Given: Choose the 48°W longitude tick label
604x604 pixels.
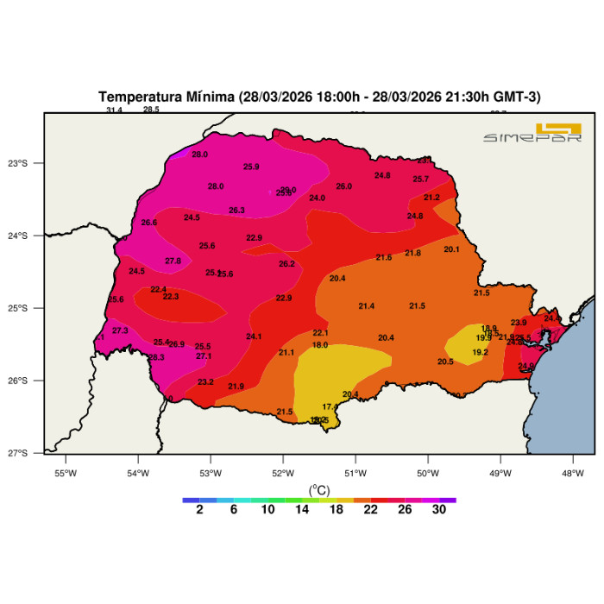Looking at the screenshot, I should coord(573,472).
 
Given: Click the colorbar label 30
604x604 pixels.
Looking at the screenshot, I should coord(438,510).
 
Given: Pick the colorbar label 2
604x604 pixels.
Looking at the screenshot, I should coord(199,510).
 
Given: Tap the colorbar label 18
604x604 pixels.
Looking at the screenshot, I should coord(336,510).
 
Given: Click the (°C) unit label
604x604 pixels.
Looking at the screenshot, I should coord(319,489).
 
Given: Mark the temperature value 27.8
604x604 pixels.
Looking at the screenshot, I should coord(173,261).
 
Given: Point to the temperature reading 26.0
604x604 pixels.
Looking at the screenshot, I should coord(344,186).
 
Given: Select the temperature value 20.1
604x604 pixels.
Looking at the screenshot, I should coord(451,249).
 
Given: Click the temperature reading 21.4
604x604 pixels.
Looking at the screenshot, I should coord(367,306).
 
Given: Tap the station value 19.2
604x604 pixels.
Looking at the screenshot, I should coord(481,352).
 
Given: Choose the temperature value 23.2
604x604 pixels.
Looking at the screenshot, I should coord(205,381).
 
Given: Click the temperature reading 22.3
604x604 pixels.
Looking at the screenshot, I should coord(171,297).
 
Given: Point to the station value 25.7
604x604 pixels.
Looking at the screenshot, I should coord(420,179).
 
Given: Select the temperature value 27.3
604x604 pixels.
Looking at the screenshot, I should coord(120,330).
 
